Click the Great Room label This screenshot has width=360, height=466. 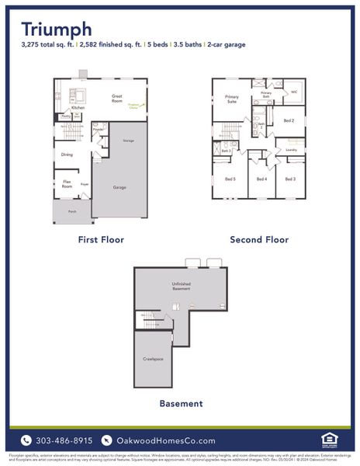116,99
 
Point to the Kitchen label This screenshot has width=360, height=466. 78,108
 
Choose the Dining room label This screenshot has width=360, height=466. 67,155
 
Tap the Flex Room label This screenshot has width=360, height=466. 67,184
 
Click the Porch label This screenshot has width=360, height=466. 72,211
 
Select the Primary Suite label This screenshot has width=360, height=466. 232,99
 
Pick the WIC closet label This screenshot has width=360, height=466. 294,92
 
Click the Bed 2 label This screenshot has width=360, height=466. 289,120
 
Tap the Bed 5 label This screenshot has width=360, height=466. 230,179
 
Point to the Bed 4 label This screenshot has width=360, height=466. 261,179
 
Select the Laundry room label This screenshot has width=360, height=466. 291,149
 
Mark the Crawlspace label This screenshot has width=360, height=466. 152,359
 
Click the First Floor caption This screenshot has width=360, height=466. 101,240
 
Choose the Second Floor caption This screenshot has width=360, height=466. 259,240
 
